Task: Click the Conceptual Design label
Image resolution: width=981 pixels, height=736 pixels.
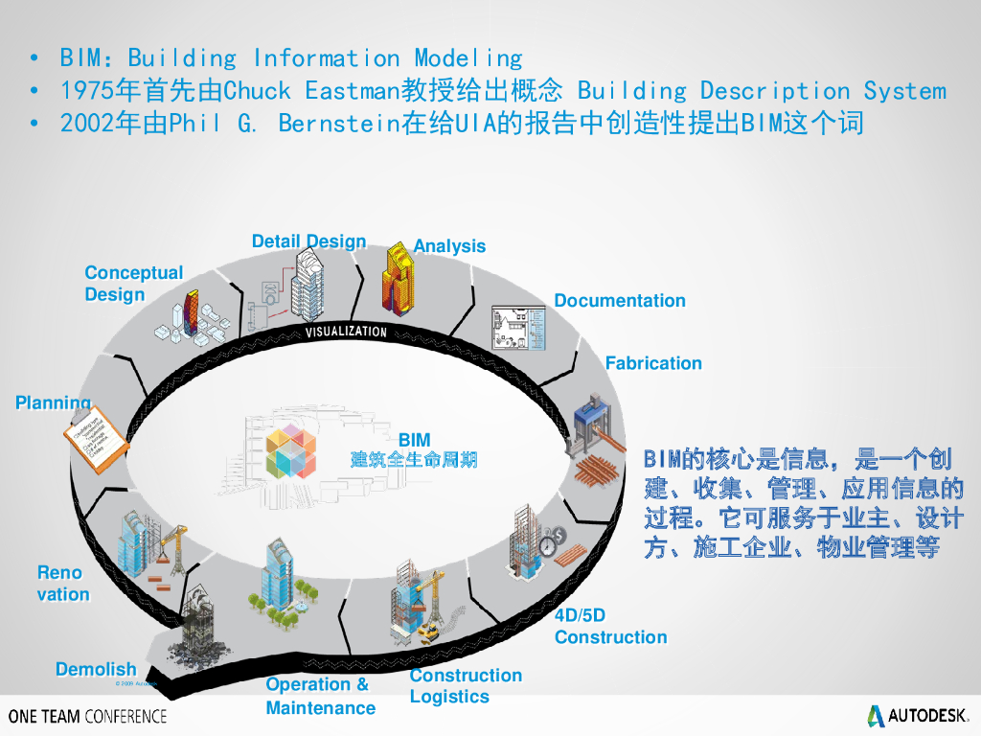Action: pos(133,284)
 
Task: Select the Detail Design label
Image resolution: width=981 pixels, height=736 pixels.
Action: pos(308,241)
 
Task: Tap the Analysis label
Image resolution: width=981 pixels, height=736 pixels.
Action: pos(449,246)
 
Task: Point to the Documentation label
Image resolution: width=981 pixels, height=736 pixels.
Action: pos(620,301)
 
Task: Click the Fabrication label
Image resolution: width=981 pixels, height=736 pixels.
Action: pos(653,363)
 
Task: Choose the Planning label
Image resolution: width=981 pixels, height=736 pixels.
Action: pos(54,403)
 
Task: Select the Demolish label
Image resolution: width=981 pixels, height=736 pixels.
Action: pos(96,670)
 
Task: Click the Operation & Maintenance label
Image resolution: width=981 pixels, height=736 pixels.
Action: pos(320,696)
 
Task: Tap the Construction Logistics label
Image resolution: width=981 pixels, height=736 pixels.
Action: pos(466,686)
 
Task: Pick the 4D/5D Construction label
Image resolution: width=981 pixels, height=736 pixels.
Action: pos(610,627)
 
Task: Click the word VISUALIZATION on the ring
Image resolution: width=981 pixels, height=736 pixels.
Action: pos(346,333)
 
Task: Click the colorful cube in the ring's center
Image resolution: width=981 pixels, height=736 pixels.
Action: pos(290,452)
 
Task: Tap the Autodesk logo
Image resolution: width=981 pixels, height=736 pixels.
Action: pos(918,715)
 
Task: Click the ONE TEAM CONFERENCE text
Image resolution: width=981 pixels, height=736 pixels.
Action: pos(87,716)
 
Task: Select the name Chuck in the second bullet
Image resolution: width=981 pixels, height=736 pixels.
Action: pos(257,91)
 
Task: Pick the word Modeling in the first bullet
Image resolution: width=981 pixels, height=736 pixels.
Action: pos(468,58)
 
